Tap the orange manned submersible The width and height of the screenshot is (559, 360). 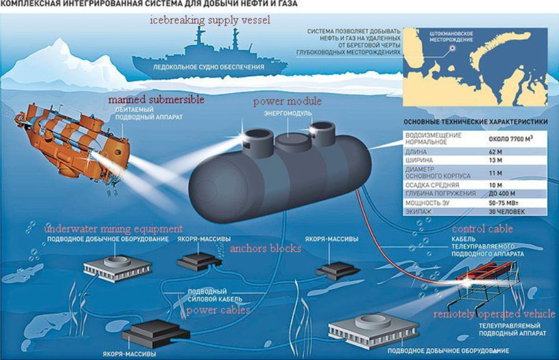click(73, 143)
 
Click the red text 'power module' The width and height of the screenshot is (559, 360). click(287, 102)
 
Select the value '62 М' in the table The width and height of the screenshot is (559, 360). click(495, 152)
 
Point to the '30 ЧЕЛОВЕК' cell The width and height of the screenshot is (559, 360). click(507, 212)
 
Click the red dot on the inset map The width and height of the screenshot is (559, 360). click(453, 48)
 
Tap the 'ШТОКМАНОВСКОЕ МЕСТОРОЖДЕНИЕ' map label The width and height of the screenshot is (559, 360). click(451, 37)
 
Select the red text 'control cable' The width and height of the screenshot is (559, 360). click(482, 228)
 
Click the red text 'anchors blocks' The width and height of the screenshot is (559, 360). click(266, 248)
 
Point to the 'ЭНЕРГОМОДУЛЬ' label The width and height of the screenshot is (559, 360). click(288, 114)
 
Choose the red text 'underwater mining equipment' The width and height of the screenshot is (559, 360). click(114, 228)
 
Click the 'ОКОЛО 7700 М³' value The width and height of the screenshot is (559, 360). click(511, 139)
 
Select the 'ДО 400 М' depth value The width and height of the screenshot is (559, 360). click(502, 194)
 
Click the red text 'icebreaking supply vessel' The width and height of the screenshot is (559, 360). click(209, 20)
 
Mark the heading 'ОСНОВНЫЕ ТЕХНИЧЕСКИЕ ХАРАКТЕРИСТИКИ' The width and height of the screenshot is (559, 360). click(476, 121)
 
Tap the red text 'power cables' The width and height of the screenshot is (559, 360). click(218, 309)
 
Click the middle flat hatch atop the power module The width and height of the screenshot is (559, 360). click(293, 140)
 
